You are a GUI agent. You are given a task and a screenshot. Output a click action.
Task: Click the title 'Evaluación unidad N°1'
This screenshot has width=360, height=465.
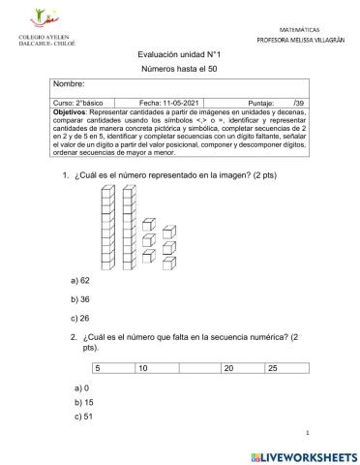pos(179,56)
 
